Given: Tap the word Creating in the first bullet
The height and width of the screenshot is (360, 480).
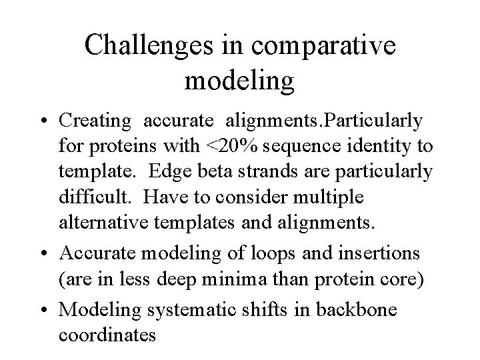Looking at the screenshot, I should tap(95, 121).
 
